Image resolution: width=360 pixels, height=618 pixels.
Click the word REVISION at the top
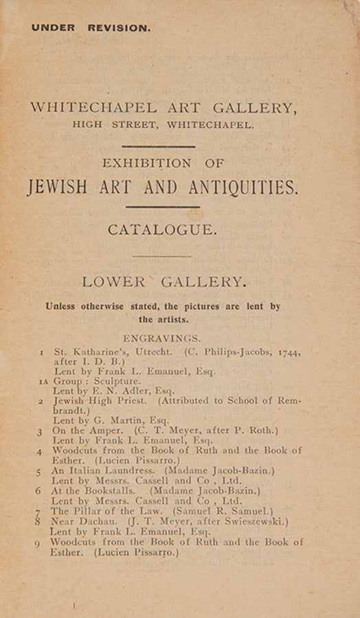pyautogui.click(x=119, y=28)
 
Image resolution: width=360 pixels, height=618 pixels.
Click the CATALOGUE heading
pyautogui.click(x=162, y=230)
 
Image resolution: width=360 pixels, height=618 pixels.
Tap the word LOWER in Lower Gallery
pyautogui.click(x=113, y=282)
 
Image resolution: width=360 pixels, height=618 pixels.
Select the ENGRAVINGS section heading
pyautogui.click(x=162, y=339)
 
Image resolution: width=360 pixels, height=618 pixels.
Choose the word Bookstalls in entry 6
pyautogui.click(x=105, y=491)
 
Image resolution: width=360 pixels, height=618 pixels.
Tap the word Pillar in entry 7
pyautogui.click(x=90, y=511)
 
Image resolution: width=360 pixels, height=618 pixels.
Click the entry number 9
pyautogui.click(x=37, y=542)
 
